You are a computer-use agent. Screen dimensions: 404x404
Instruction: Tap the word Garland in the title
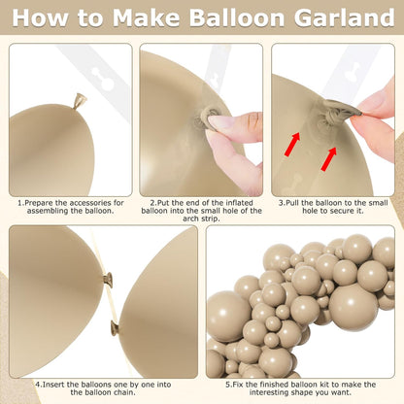point(345,17)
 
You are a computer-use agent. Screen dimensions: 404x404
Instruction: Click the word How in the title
point(40,17)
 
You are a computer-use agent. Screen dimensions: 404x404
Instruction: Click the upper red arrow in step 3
point(292,145)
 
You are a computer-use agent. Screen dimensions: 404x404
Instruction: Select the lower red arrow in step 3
point(329,159)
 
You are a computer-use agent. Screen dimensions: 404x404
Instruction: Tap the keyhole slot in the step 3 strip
point(353,72)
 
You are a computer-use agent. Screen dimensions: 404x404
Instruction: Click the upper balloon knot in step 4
point(109,280)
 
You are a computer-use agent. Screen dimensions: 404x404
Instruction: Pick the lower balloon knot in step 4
point(115,327)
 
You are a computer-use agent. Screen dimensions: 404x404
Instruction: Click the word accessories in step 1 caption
point(90,203)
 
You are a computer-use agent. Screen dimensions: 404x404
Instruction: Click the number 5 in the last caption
point(227,385)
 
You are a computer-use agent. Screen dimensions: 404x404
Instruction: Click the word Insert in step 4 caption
point(52,385)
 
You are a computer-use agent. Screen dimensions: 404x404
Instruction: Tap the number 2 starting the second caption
point(152,203)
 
